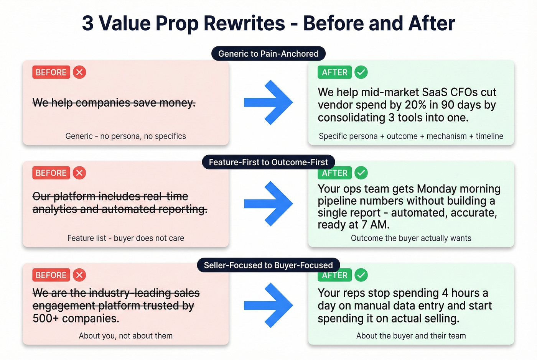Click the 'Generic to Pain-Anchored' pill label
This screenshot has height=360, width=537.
point(268,54)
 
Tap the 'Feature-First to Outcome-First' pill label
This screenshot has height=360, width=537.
point(268,162)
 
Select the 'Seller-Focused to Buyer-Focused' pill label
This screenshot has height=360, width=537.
point(268,265)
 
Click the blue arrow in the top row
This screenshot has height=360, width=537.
point(268,102)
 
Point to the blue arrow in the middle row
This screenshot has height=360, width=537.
point(268,204)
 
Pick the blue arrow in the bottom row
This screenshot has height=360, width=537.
point(268,305)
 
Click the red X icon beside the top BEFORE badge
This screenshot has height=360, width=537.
point(79,72)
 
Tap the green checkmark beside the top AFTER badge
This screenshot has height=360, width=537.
point(361,72)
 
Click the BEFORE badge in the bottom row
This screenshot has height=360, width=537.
point(51,275)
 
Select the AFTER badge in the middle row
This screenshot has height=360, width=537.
point(334,173)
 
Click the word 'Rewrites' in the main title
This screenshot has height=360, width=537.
point(244,23)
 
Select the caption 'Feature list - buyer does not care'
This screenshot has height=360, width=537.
point(125,238)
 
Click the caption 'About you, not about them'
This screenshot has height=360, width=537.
point(125,336)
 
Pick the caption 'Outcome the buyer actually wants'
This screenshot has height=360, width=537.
point(411,238)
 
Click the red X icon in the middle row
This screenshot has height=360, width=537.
point(79,173)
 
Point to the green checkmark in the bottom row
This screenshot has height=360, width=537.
point(361,275)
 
